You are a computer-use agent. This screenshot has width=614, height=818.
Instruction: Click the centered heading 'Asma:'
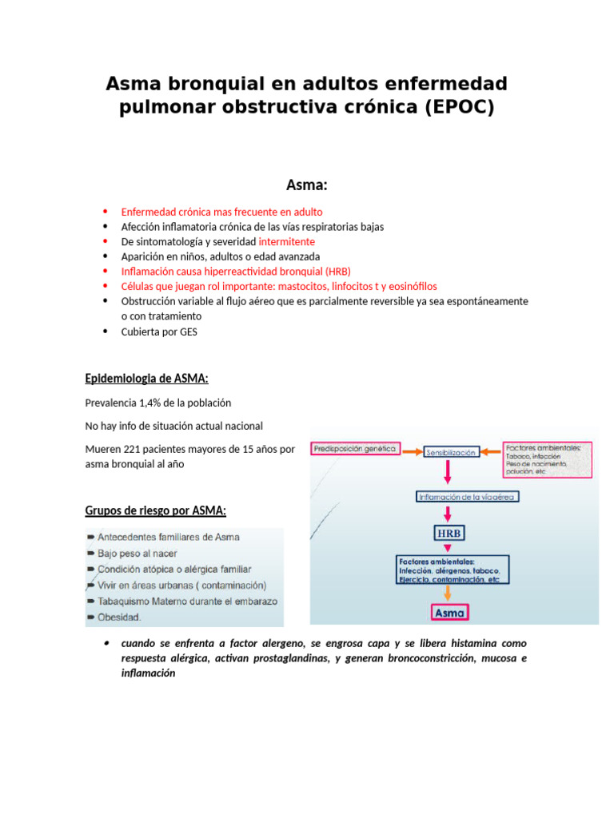point(307,185)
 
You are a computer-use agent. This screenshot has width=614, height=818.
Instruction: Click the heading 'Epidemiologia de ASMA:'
point(147,379)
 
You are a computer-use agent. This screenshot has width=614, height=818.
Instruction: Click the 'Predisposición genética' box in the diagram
point(355,449)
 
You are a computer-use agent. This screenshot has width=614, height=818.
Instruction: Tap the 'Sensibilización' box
point(451,452)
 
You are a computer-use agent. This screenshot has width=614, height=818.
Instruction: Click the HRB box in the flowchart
point(449,533)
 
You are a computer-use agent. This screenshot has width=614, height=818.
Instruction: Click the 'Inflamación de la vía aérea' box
point(468,496)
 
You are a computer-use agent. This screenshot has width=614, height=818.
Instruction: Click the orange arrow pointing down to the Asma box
point(449,594)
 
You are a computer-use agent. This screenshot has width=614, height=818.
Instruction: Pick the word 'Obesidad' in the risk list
point(119,617)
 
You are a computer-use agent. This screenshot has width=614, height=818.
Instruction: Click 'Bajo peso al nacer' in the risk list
point(137,553)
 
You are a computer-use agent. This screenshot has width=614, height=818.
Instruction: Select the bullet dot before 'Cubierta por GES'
point(106,331)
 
